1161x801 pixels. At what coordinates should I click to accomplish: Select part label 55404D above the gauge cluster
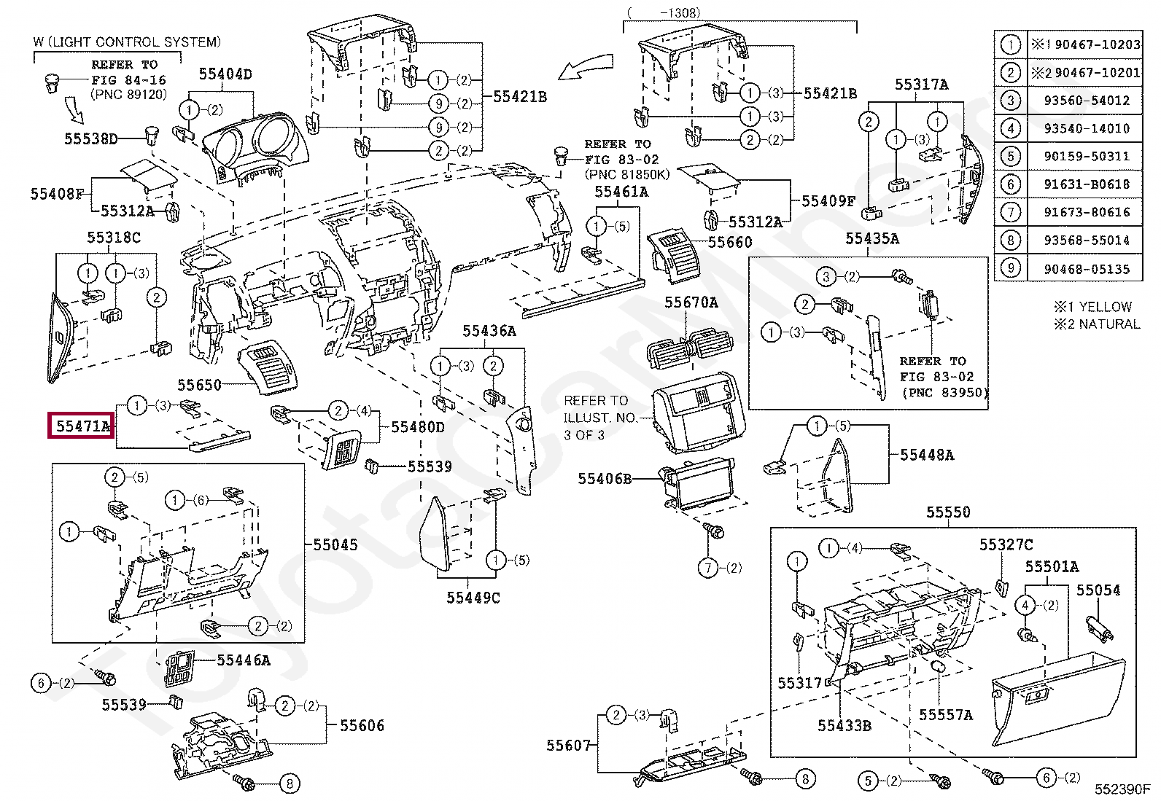click(226, 74)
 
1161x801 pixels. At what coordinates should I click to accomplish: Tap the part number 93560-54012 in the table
click(1086, 101)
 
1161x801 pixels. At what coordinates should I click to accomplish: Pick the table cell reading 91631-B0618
click(1086, 184)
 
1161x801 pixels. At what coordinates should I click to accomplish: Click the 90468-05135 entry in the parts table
click(1086, 269)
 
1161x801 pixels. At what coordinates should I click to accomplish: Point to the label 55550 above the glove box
click(948, 512)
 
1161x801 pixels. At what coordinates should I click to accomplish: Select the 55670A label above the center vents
click(691, 302)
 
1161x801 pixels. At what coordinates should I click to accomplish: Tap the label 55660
click(729, 242)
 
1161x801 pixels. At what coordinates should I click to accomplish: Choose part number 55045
click(335, 544)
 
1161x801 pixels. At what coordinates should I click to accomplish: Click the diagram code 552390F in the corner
click(1122, 789)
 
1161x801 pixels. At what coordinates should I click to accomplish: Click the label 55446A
click(244, 660)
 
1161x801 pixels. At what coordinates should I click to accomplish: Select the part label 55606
click(362, 725)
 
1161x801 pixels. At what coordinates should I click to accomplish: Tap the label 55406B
click(605, 479)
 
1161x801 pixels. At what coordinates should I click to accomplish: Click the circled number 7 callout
click(708, 568)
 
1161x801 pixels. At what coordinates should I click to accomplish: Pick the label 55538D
click(90, 138)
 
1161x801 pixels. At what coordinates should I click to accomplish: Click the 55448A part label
click(926, 455)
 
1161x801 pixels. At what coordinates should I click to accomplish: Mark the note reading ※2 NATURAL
click(1096, 324)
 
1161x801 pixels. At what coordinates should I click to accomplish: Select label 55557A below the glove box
click(946, 715)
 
